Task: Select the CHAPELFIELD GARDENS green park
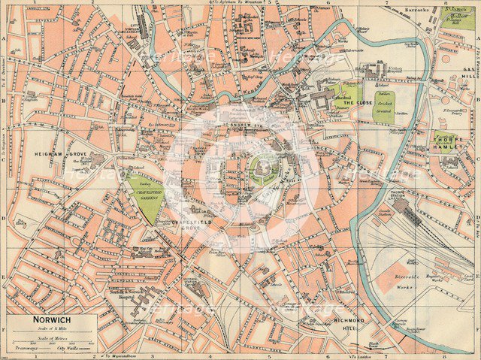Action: [x=146, y=198]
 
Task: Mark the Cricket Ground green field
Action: [x=383, y=106]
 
